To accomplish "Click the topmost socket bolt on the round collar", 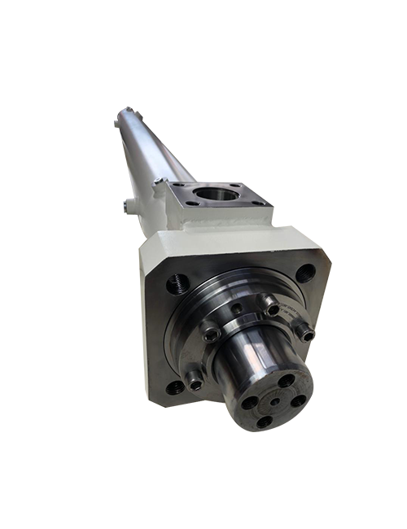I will pos(271,309).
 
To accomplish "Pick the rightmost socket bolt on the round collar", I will pos(304,331).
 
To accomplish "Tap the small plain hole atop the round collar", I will pos(236,310).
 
